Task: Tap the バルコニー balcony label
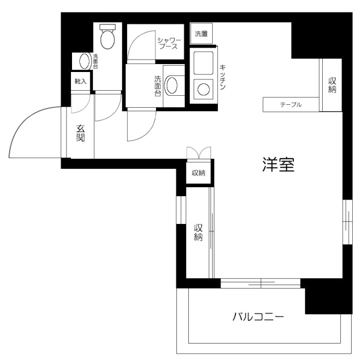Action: (258, 316)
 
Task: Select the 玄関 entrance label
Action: (81, 133)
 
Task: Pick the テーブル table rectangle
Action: (290, 105)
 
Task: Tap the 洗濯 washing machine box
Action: (201, 34)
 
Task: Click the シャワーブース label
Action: (168, 43)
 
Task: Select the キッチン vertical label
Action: (223, 78)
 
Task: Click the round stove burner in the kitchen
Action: (202, 88)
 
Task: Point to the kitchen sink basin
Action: (202, 63)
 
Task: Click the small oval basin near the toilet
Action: (84, 61)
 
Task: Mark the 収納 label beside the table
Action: (332, 85)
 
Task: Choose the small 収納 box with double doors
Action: (199, 173)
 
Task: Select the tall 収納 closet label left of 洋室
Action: (199, 232)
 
